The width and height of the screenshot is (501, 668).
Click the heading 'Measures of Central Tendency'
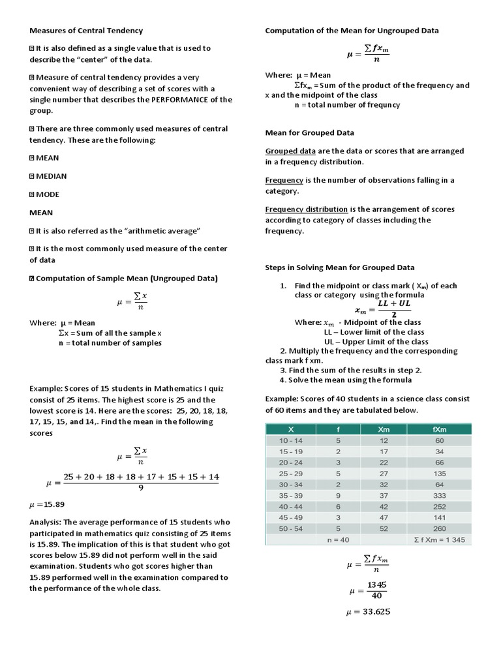pyautogui.click(x=86, y=31)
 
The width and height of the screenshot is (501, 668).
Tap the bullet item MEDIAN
pyautogui.click(x=51, y=176)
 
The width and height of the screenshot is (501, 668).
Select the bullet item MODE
pyautogui.click(x=48, y=194)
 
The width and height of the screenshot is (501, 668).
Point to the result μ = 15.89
pyautogui.click(x=47, y=504)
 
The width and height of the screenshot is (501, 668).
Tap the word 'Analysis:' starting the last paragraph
pyautogui.click(x=45, y=522)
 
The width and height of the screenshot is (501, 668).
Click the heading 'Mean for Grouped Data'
pyautogui.click(x=309, y=132)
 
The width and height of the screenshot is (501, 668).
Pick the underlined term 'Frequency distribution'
pyautogui.click(x=306, y=209)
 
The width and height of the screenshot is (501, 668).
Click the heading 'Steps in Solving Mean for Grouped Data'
pyautogui.click(x=339, y=267)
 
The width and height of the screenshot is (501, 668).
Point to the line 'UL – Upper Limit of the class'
pyautogui.click(x=376, y=341)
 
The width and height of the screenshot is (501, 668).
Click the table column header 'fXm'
pyautogui.click(x=439, y=429)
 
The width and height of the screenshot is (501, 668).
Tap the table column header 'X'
pyautogui.click(x=291, y=429)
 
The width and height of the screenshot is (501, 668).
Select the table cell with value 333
pyautogui.click(x=439, y=495)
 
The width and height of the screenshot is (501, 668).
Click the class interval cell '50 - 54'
pyautogui.click(x=291, y=528)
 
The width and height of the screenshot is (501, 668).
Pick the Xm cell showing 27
pyautogui.click(x=384, y=474)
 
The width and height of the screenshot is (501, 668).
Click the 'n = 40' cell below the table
pyautogui.click(x=338, y=540)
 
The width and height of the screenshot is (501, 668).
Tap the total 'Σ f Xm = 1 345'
pyautogui.click(x=439, y=540)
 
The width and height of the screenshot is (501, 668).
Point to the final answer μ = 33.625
pyautogui.click(x=369, y=613)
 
